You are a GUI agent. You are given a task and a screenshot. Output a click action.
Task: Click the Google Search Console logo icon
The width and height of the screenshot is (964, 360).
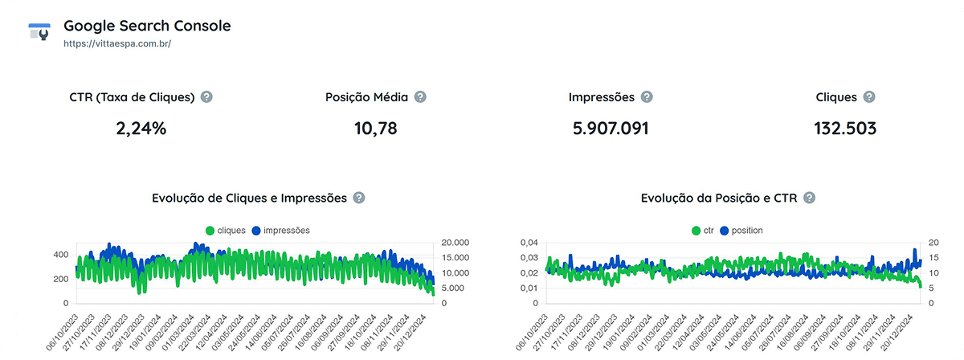tap(39, 32)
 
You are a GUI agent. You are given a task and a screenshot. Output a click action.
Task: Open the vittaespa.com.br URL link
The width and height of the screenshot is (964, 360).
tap(117, 43)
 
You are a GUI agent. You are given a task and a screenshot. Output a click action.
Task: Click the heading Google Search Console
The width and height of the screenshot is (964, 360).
tap(147, 26)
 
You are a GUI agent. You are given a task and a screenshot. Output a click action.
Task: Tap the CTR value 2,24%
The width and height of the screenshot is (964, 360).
tap(141, 128)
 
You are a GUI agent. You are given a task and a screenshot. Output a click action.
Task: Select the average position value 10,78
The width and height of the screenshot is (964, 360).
tap(375, 128)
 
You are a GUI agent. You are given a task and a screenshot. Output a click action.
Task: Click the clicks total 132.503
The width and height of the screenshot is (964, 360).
tap(844, 128)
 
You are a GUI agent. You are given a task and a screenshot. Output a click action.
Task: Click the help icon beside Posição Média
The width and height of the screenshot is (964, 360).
tap(420, 97)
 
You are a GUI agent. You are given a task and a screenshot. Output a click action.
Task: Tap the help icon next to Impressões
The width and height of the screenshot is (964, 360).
tap(647, 97)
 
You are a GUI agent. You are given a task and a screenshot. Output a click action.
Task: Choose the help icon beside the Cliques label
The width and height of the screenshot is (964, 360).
tap(869, 97)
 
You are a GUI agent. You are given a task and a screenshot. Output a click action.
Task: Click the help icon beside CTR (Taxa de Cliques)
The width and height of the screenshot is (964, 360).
tap(206, 97)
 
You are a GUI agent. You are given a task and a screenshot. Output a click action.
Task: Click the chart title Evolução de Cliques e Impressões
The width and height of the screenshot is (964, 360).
tap(249, 198)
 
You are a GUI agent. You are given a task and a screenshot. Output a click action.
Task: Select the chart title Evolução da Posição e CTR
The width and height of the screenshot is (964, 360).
tap(719, 198)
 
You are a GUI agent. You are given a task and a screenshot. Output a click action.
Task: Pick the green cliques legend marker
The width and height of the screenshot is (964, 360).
tap(210, 231)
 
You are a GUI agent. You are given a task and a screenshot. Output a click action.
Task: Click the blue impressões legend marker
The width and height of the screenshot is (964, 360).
tap(256, 231)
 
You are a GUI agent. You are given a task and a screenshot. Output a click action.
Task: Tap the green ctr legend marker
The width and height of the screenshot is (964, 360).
tap(696, 231)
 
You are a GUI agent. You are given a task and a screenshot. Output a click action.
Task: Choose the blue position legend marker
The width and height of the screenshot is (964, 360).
tap(724, 231)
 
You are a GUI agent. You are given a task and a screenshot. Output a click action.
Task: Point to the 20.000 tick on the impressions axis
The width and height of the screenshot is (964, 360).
tap(455, 243)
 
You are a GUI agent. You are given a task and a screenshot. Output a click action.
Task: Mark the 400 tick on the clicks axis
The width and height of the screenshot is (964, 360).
tap(60, 255)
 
